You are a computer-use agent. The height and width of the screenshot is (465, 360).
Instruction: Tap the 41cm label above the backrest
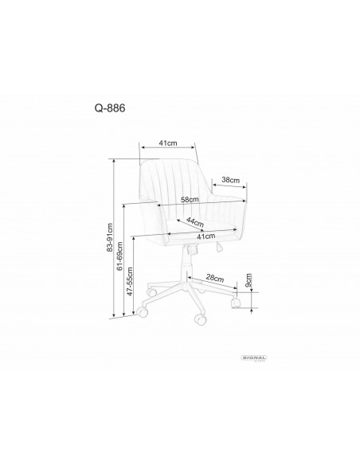[x=166, y=143]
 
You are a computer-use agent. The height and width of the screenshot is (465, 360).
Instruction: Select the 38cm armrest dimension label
[x=232, y=180]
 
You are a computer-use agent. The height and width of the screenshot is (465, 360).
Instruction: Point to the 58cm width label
[x=190, y=199]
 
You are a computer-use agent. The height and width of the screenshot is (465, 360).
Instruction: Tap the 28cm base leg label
[x=213, y=278]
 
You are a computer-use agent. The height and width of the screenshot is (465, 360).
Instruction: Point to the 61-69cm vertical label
[x=121, y=263]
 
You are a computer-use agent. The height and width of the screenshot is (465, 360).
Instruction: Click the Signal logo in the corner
[x=256, y=360]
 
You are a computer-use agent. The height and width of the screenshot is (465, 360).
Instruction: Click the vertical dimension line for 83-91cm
[x=116, y=239]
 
